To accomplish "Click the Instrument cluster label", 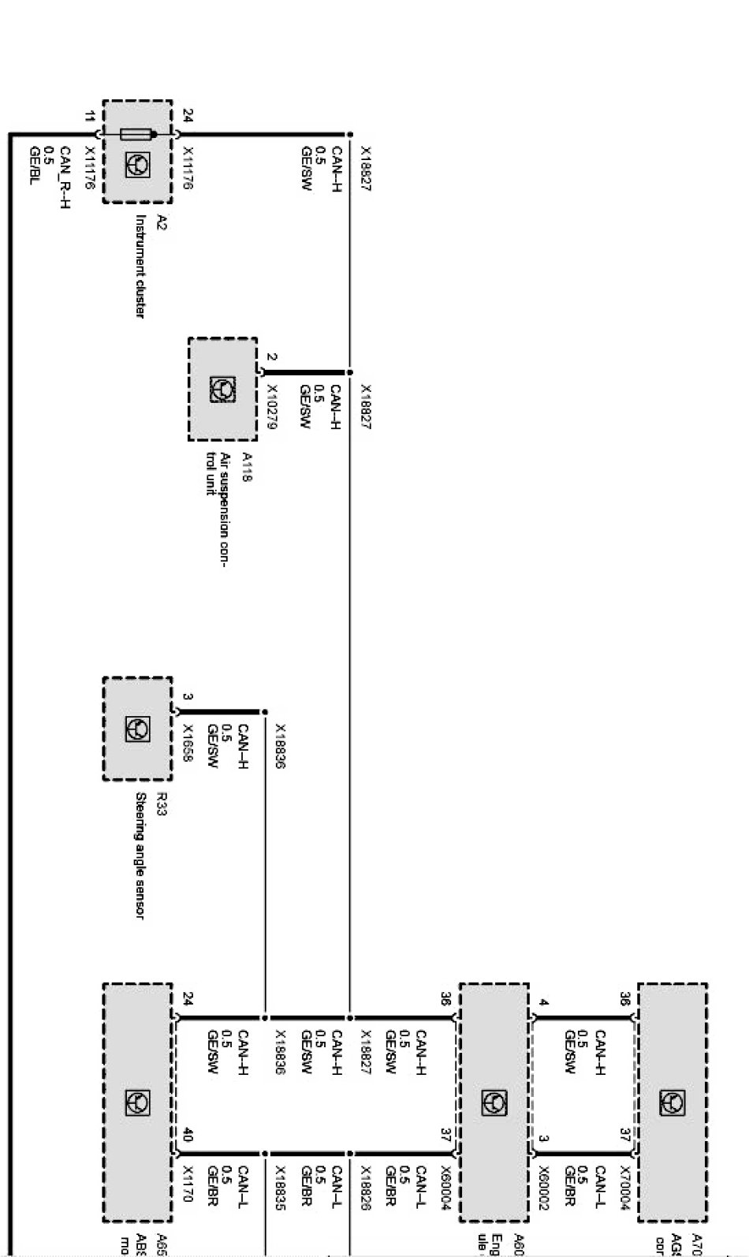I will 140,266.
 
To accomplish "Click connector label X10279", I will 272,407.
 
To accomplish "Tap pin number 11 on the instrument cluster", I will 90,117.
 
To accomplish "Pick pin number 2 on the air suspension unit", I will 271,356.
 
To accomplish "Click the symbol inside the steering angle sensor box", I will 137,729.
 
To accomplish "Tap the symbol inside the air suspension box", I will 222,389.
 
